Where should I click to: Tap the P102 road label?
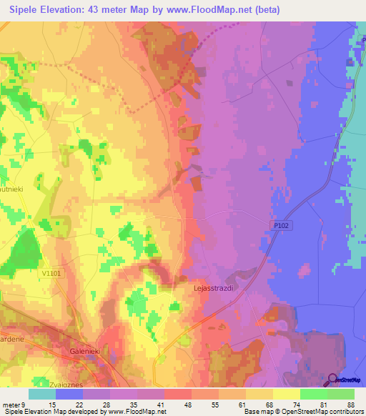[282, 224]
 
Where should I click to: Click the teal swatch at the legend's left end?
[42, 395]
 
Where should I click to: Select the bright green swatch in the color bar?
[313, 395]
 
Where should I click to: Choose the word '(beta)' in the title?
[262, 9]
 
